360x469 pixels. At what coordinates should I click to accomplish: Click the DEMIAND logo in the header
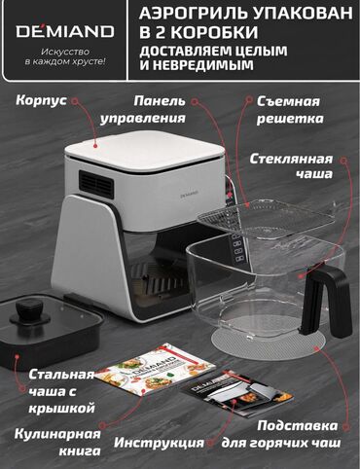[x=65, y=30]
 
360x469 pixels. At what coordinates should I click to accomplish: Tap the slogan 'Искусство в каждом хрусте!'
[x=65, y=56]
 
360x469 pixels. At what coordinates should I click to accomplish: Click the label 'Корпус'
[x=41, y=100]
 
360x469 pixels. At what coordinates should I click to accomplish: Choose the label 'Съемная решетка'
[x=290, y=110]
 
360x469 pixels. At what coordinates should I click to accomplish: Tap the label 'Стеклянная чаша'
[x=291, y=166]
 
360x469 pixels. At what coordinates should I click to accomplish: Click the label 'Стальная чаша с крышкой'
[x=61, y=391]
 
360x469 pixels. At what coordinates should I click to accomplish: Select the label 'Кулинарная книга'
[x=57, y=443]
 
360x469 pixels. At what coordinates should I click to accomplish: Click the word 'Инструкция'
[x=159, y=443]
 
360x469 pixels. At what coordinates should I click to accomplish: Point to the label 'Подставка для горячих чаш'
[x=281, y=434]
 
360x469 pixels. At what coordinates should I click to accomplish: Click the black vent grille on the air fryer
[x=96, y=182]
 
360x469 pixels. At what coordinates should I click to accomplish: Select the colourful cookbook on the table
[x=157, y=369]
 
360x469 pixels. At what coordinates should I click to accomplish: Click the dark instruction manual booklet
[x=237, y=394]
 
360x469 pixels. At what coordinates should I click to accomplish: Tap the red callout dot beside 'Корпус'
[x=75, y=101]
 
